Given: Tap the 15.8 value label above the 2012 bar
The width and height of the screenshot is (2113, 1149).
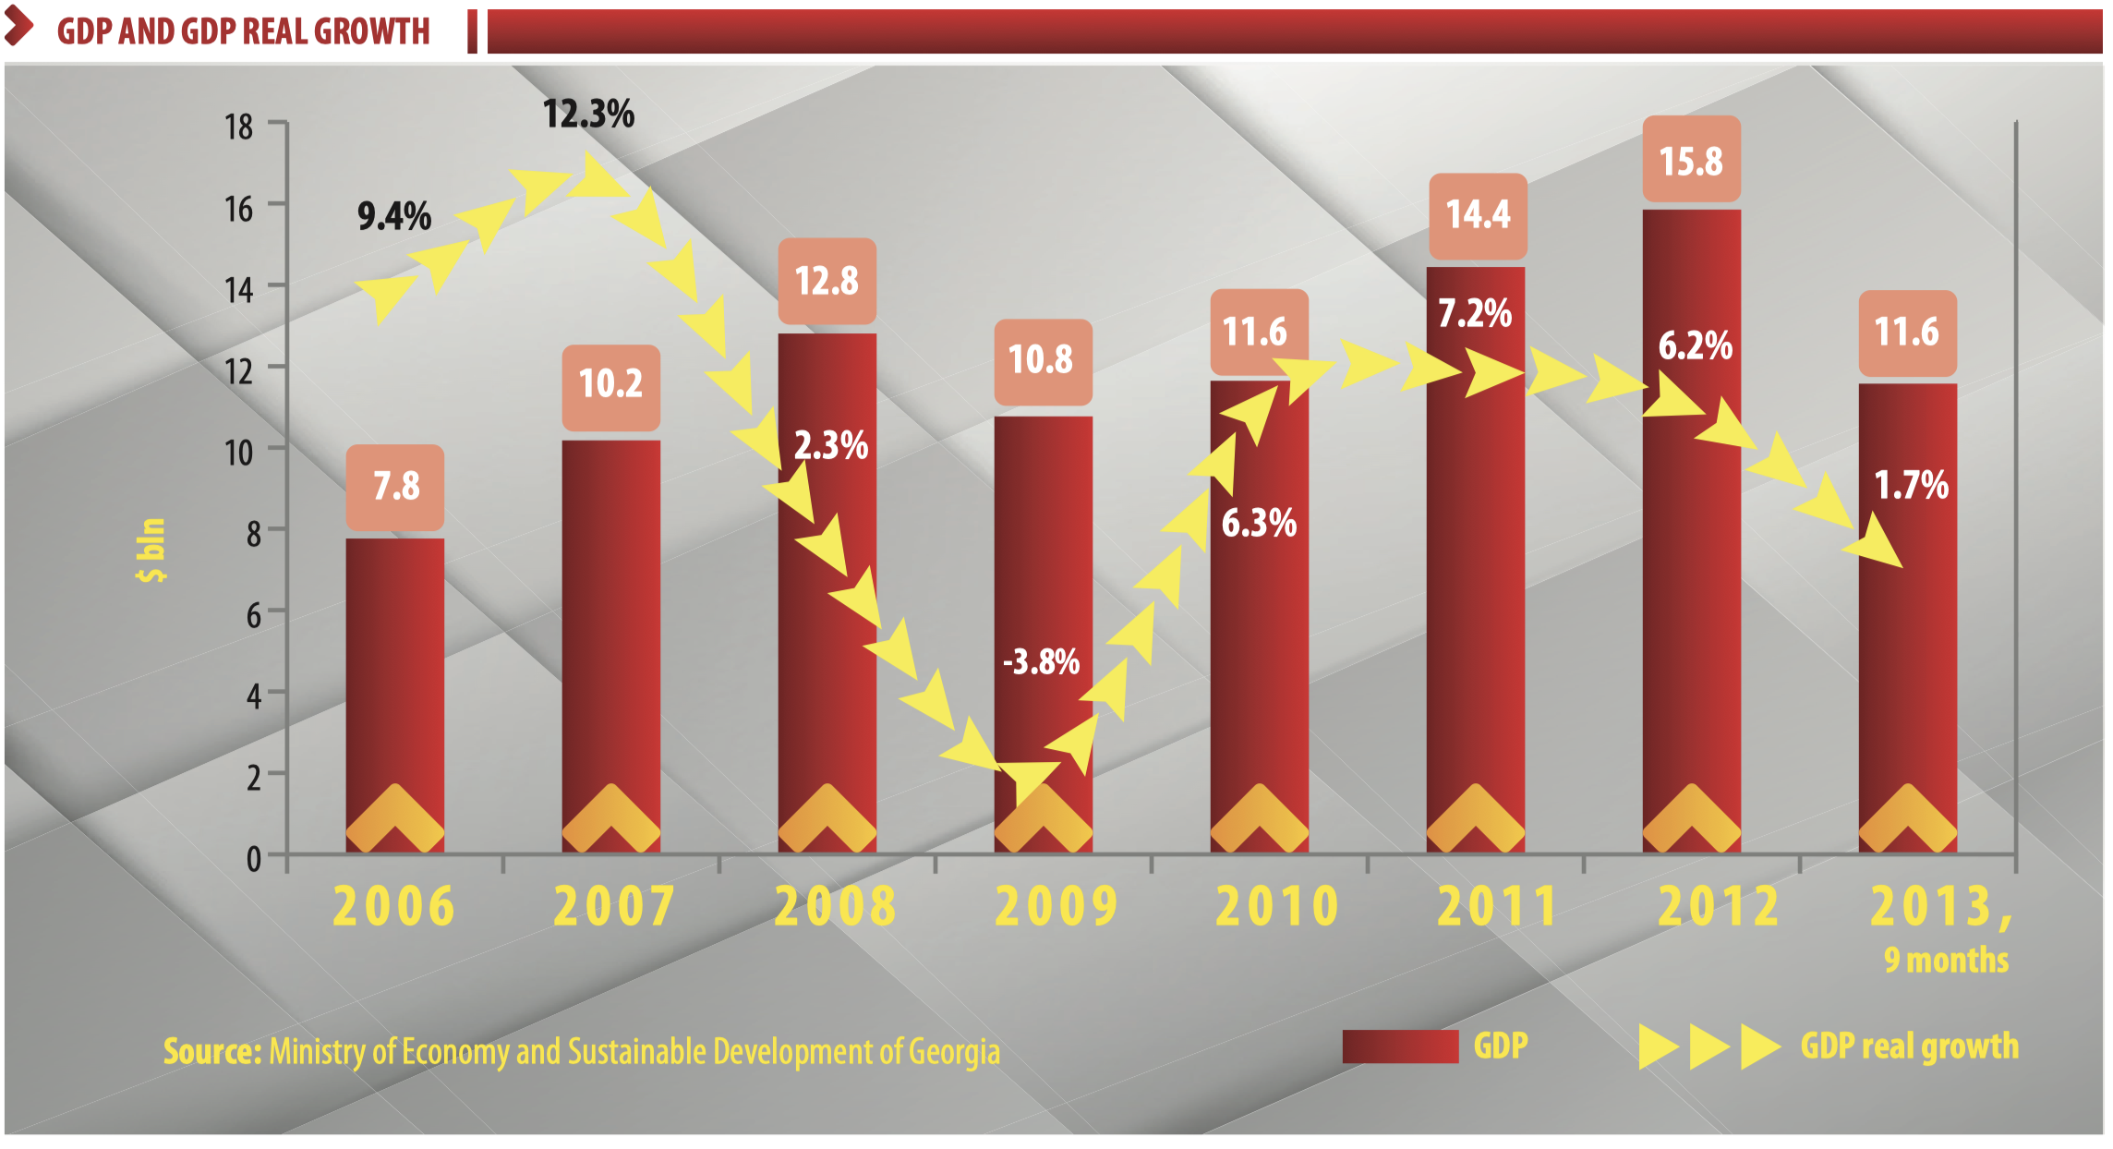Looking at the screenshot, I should pos(1691,161).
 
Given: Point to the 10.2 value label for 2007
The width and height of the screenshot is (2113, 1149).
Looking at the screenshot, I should pos(610,382).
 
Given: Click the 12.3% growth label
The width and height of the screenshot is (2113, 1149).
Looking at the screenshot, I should pos(588,115).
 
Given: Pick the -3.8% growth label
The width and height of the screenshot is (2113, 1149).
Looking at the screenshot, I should pos(1041,661).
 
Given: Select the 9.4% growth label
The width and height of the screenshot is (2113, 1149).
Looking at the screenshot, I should pos(394,217).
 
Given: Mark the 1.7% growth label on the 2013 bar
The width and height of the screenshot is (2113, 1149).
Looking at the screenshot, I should pos(1911,485).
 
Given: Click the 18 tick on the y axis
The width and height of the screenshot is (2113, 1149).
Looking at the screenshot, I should pos(238,127).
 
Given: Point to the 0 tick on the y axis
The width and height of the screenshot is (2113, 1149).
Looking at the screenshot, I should pos(253,859).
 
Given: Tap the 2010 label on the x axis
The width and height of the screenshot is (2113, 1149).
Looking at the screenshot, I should pos(1277,906).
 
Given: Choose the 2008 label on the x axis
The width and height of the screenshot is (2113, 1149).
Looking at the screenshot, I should pos(835,906).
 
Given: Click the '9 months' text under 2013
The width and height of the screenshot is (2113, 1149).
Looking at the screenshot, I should pos(1946,961).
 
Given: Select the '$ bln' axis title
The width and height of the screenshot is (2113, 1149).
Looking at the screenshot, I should pos(151,550).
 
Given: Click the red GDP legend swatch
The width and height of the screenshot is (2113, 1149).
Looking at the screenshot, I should pos(1399,1046).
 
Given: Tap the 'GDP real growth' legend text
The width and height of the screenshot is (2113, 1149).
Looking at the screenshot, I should pos(1909,1046).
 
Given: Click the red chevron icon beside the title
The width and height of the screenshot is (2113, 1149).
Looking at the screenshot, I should pos(18,28).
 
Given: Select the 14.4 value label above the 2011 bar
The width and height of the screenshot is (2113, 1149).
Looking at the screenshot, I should pos(1478,214).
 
